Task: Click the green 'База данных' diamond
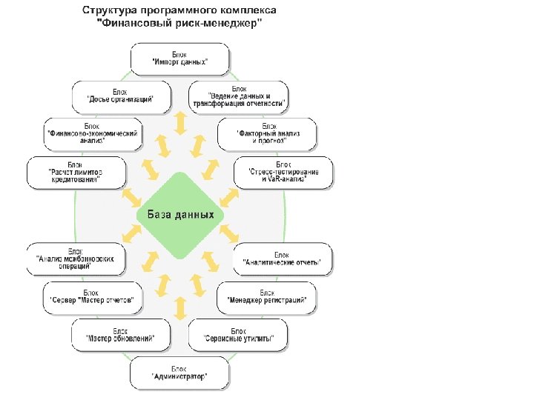180,215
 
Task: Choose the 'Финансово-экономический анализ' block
92,133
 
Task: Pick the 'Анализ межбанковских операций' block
75,259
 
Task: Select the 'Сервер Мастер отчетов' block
91,297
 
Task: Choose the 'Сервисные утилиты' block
238,335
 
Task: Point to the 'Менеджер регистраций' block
267,297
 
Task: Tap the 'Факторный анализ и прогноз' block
267,133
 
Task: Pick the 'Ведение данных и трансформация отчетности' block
238,96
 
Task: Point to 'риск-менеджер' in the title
222,24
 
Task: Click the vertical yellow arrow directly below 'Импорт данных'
179,123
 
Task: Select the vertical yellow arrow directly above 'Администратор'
179,308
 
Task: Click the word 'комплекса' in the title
248,12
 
